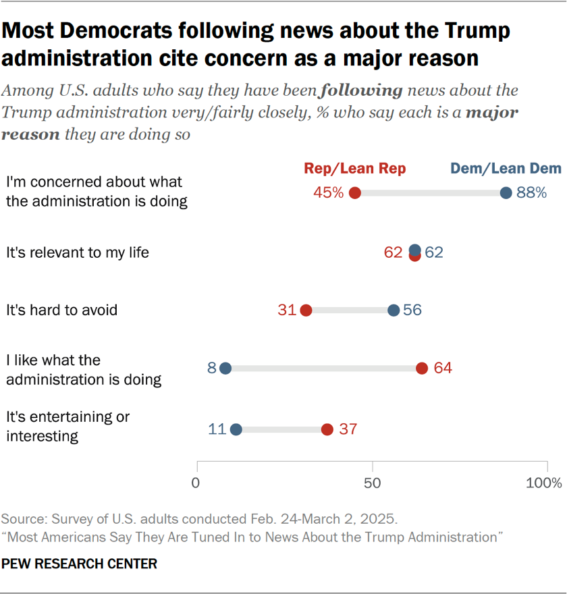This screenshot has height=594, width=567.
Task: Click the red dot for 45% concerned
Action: coord(355,193)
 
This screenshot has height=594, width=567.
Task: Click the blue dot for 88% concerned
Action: coord(506,193)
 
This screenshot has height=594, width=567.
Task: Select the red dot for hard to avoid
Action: coord(306,310)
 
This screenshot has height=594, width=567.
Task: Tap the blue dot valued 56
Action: coord(394,310)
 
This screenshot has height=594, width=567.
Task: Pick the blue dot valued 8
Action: coord(225,369)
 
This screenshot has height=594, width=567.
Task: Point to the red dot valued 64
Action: coord(422,369)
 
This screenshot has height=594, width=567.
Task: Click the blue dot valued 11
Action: coord(236,429)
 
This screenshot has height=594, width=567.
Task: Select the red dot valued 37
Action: coord(327,429)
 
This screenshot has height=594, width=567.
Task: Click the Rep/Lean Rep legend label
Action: coord(355,169)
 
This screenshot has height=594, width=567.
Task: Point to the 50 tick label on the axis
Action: coord(372,483)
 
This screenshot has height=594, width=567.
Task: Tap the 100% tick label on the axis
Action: coord(544,483)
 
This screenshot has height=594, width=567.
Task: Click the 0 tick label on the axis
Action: coord(196,483)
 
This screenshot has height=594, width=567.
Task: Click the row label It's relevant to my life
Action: coord(78,253)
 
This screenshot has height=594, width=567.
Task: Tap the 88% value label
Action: coord(531,193)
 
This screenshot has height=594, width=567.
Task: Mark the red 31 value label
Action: coord(288,310)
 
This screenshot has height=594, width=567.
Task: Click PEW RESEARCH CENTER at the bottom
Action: coord(79,564)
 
